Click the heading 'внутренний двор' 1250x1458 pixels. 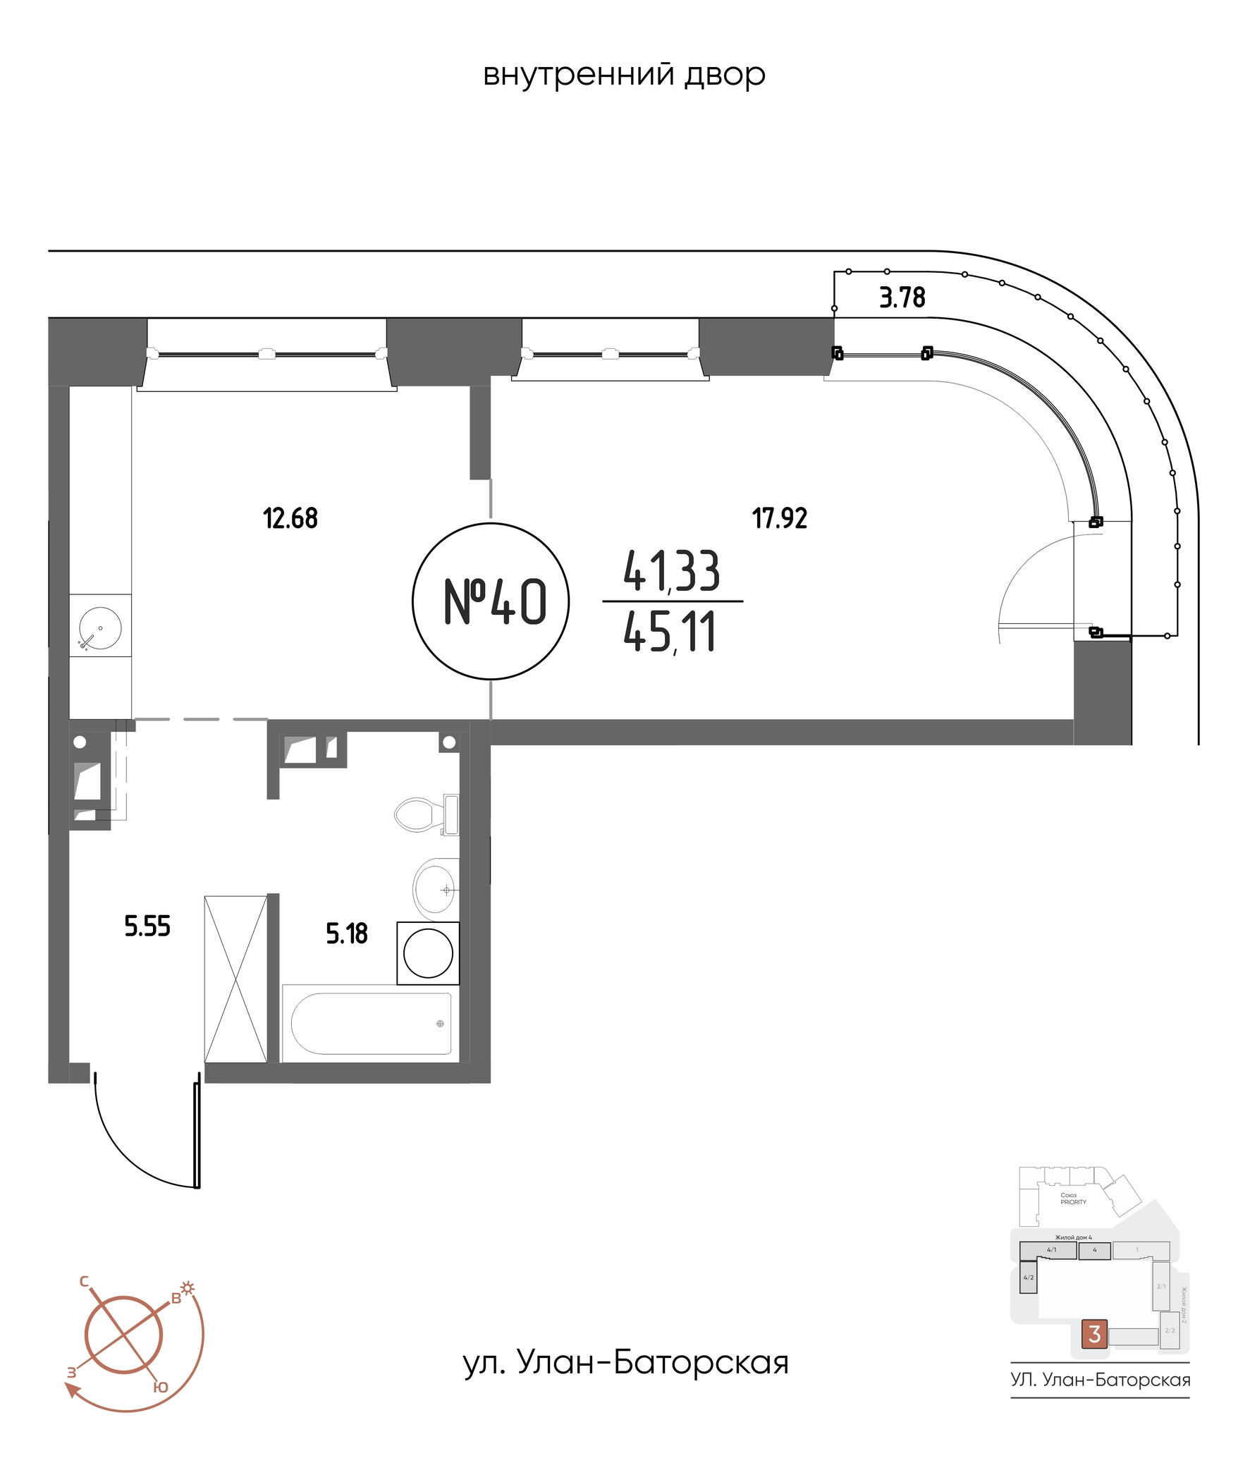[x=624, y=75]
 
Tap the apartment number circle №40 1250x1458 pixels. [x=491, y=601]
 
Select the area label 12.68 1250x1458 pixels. [x=290, y=519]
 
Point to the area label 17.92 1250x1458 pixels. [x=779, y=519]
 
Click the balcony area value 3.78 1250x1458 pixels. [x=902, y=298]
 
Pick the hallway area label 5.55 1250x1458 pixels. [x=147, y=926]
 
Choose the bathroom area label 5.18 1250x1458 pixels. [x=346, y=933]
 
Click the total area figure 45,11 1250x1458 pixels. [x=670, y=632]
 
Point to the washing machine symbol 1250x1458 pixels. [x=428, y=953]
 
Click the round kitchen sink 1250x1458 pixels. [x=100, y=627]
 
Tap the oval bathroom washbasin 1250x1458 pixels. [x=434, y=890]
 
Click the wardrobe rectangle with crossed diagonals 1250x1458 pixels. [x=235, y=979]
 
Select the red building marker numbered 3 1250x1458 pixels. [x=1094, y=1333]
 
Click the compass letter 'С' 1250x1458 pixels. [x=84, y=1280]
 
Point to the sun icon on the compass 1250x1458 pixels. [x=188, y=1288]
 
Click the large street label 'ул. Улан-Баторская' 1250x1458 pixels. [x=625, y=1363]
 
